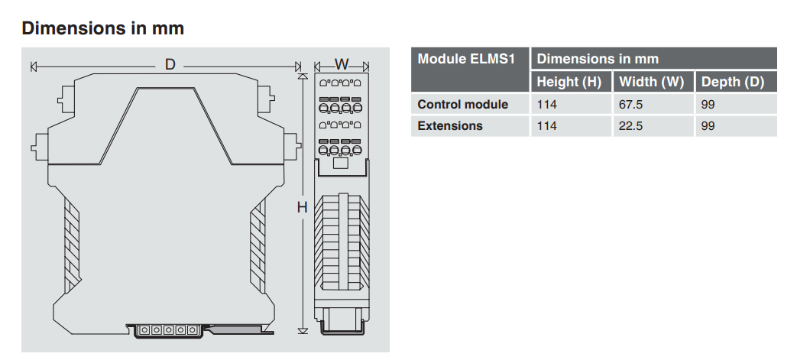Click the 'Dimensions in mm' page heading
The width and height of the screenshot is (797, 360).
(x=102, y=28)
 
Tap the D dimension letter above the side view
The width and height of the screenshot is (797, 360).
(x=170, y=64)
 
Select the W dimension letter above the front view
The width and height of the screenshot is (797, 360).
(x=342, y=64)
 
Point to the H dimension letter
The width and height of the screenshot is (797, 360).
(x=303, y=207)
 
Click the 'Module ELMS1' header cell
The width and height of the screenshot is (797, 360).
(x=466, y=59)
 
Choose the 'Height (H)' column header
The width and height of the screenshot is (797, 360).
(x=569, y=82)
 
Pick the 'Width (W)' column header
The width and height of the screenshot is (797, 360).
(x=651, y=82)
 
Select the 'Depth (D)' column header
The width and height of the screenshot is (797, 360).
(x=733, y=82)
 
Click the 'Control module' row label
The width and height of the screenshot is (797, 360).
(x=462, y=104)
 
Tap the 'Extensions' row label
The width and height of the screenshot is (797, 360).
(x=450, y=125)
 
